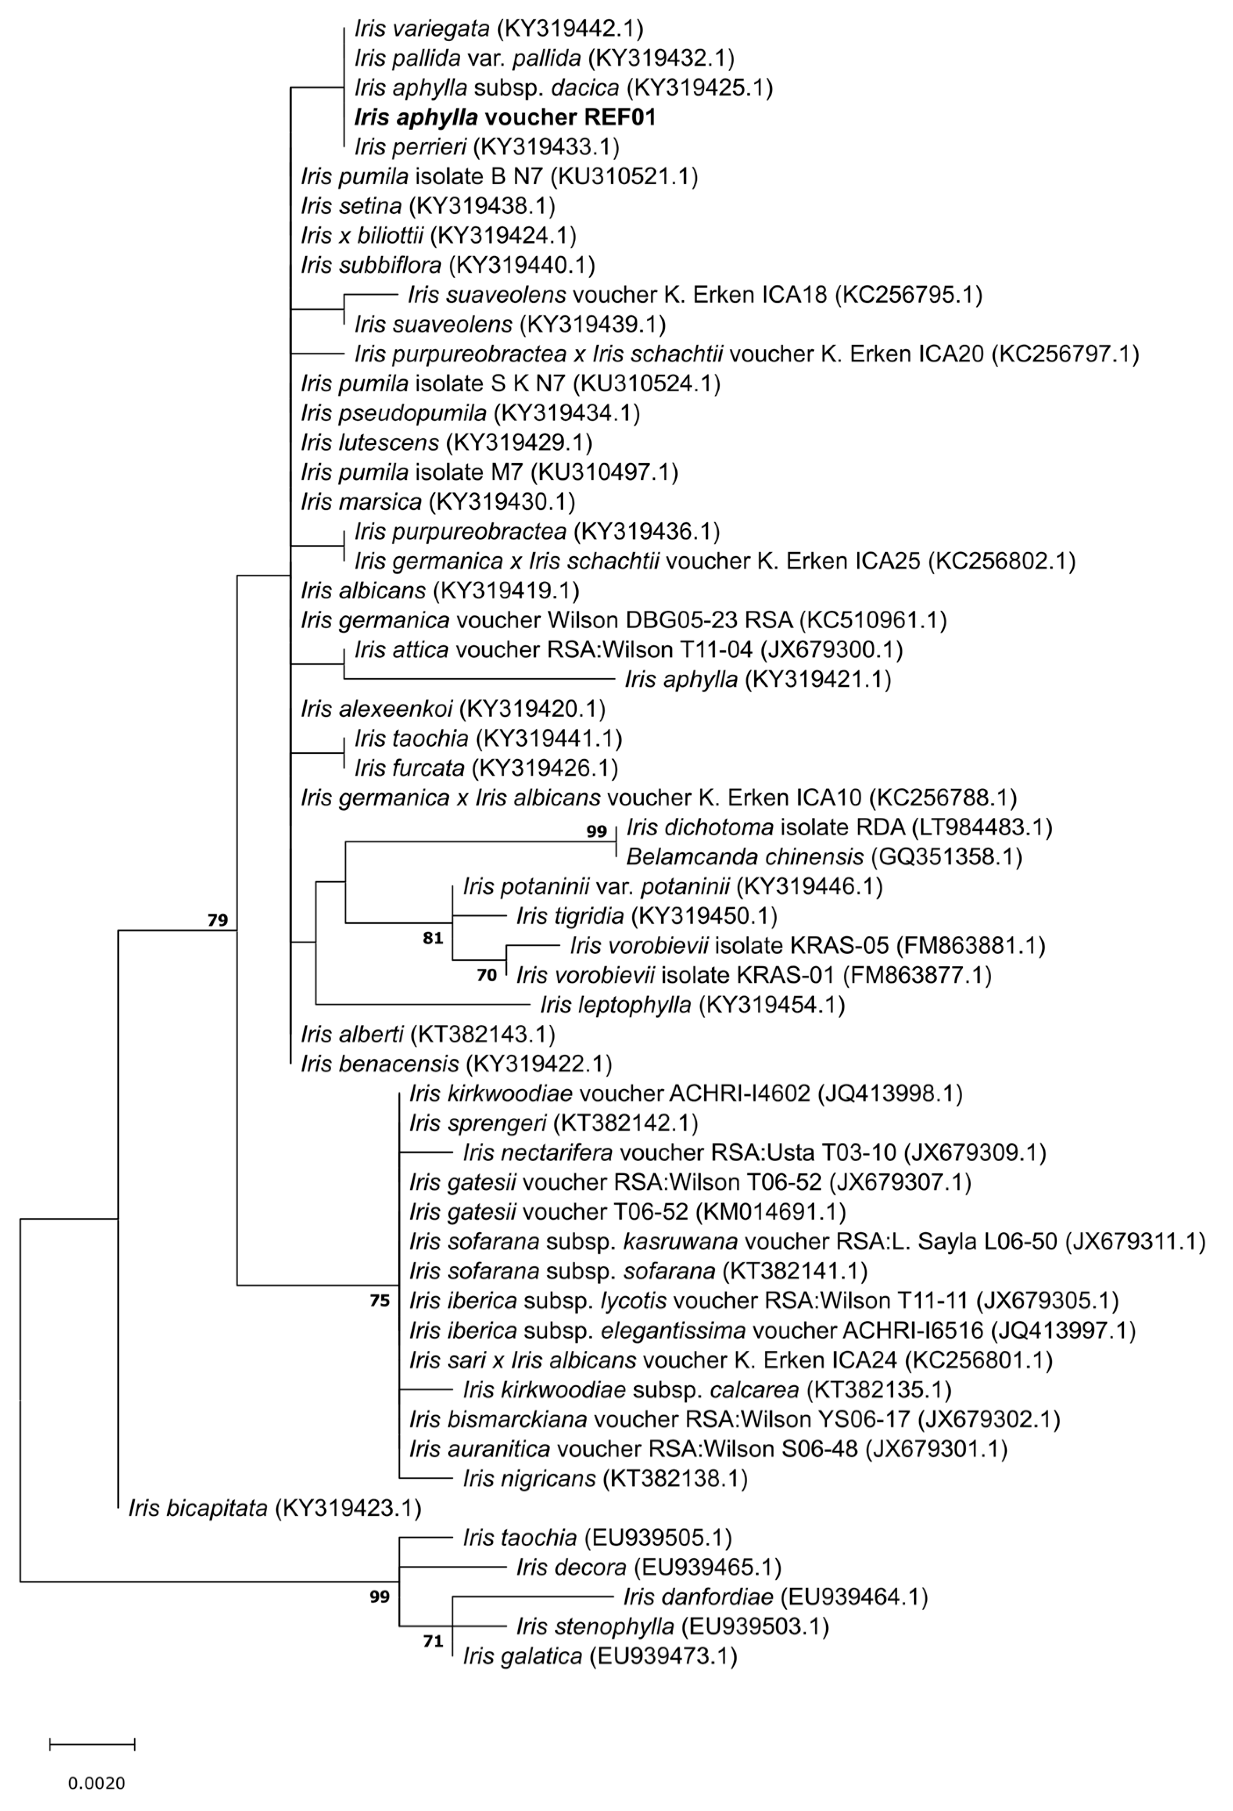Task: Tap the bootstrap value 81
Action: click(x=433, y=938)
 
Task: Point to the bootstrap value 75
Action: click(x=380, y=1301)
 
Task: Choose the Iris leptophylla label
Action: click(x=692, y=1005)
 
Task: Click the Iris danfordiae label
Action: click(x=775, y=1597)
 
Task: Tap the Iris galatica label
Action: click(x=599, y=1656)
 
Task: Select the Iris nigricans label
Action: click(x=605, y=1478)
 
